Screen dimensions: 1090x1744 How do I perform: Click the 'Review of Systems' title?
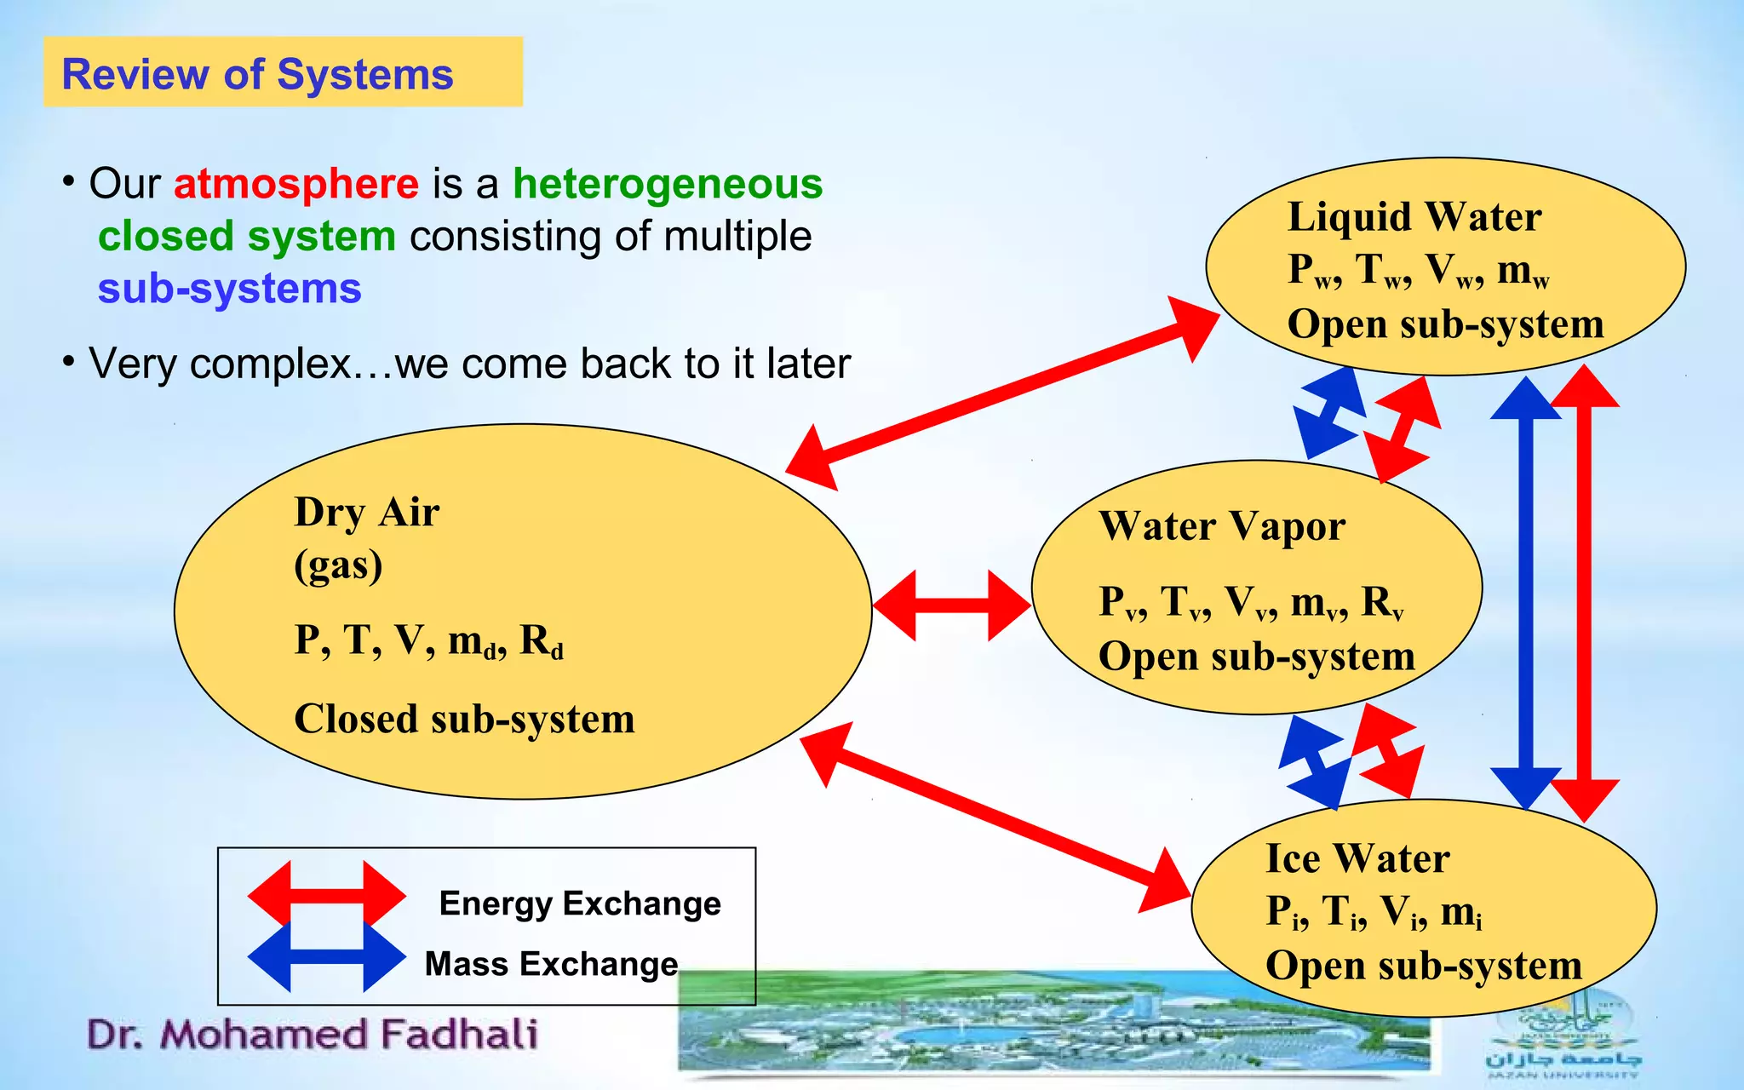pyautogui.click(x=257, y=74)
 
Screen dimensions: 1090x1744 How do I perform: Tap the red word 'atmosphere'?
pyautogui.click(x=295, y=184)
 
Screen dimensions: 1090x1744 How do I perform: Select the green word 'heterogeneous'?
pyautogui.click(x=668, y=184)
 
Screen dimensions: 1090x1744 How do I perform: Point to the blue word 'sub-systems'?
pyautogui.click(x=229, y=289)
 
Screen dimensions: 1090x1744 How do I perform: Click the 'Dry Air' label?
pyautogui.click(x=366, y=513)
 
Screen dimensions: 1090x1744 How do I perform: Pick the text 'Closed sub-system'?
pyautogui.click(x=464, y=719)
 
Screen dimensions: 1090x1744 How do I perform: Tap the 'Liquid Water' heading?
pyautogui.click(x=1414, y=216)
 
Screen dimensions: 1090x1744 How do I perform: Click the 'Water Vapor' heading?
pyautogui.click(x=1222, y=526)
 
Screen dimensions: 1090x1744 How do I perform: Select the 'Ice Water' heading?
pyautogui.click(x=1357, y=858)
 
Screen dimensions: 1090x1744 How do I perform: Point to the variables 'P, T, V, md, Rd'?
pyautogui.click(x=428, y=640)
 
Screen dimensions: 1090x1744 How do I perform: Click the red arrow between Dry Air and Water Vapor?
pyautogui.click(x=951, y=605)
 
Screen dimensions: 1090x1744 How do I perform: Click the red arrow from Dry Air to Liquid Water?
pyautogui.click(x=1002, y=393)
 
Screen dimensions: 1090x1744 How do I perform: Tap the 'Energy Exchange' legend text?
pyautogui.click(x=579, y=904)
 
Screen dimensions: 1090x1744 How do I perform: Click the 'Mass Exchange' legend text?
pyautogui.click(x=551, y=964)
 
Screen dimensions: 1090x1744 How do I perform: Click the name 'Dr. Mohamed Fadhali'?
pyautogui.click(x=313, y=1035)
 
